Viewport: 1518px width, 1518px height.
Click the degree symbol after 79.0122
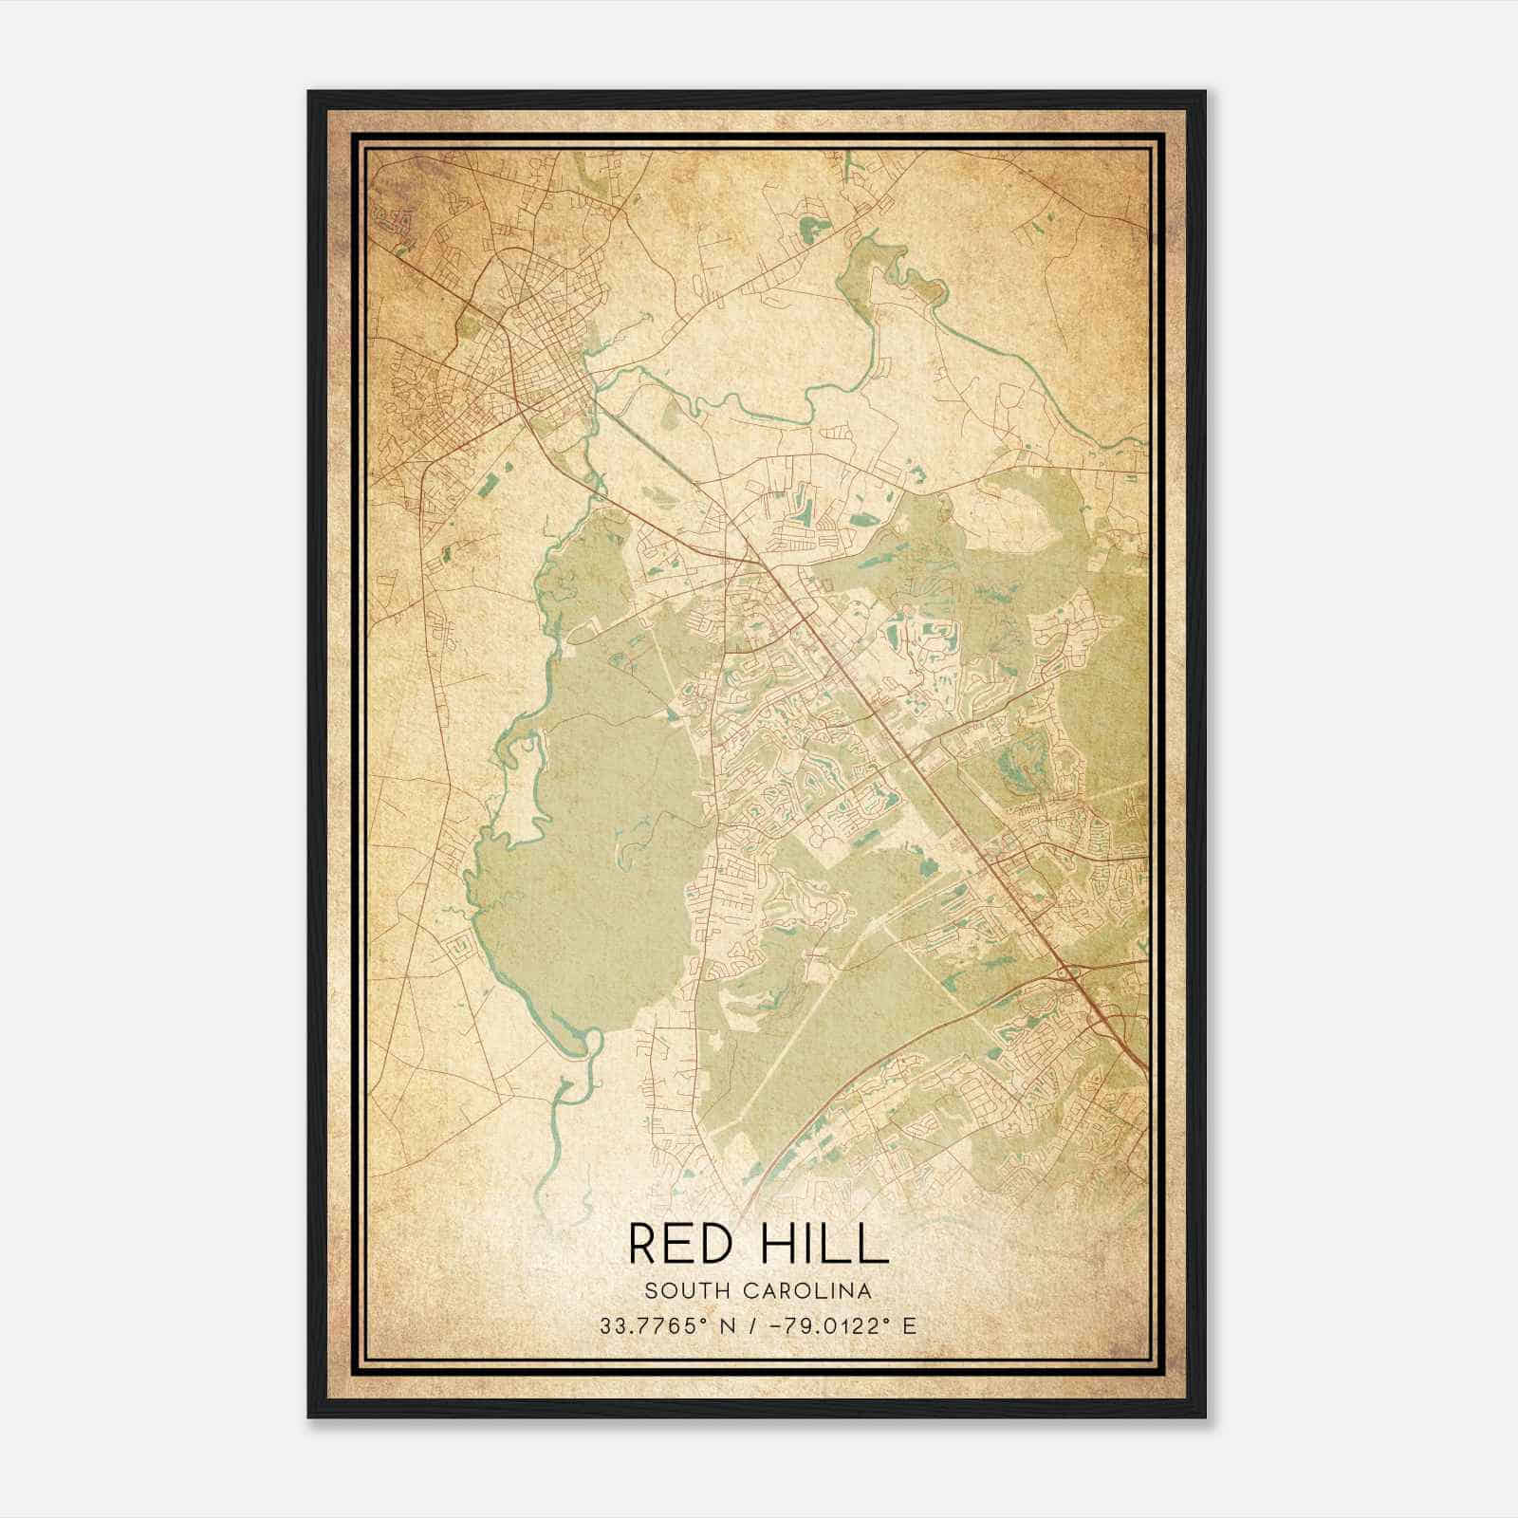point(888,1321)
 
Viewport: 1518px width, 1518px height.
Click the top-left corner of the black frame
point(309,92)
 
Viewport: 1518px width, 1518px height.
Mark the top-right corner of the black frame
point(1205,92)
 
